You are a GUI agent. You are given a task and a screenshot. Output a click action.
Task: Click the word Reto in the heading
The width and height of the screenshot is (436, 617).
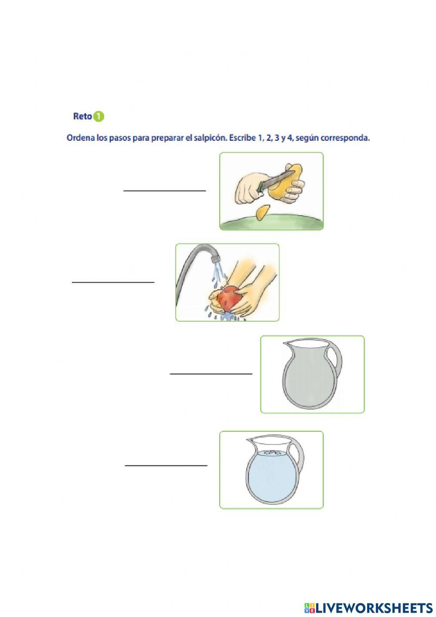pyautogui.click(x=82, y=116)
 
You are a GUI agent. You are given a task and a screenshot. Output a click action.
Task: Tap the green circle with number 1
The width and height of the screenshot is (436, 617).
pyautogui.click(x=99, y=116)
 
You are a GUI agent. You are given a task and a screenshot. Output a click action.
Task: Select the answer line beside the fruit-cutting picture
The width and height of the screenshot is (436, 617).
pyautogui.click(x=164, y=190)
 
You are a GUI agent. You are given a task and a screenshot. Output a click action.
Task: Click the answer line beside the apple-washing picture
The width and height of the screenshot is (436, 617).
pyautogui.click(x=113, y=282)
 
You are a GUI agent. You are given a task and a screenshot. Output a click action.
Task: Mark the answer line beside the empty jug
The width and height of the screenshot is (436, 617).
pyautogui.click(x=211, y=373)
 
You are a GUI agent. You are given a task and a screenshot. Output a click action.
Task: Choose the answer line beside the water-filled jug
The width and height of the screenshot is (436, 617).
pyautogui.click(x=166, y=465)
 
